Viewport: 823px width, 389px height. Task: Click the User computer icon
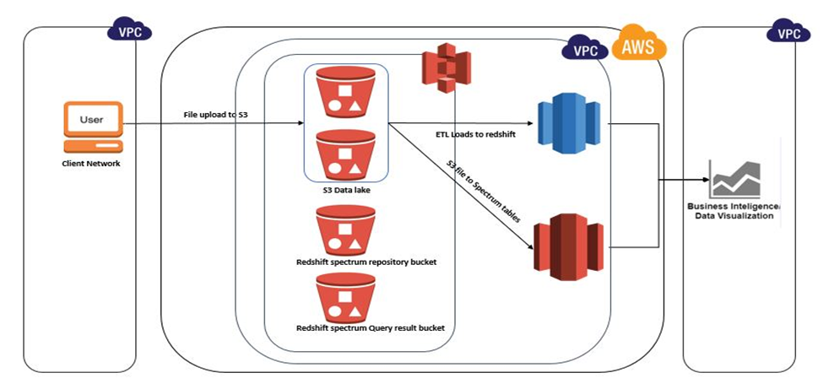click(x=92, y=126)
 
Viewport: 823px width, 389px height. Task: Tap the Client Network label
click(x=91, y=163)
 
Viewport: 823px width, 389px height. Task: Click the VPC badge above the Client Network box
click(x=129, y=31)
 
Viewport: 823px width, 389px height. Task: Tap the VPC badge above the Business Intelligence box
click(x=788, y=34)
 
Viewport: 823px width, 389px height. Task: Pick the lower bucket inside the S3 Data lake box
click(x=345, y=154)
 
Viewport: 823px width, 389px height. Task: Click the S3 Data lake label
click(x=346, y=190)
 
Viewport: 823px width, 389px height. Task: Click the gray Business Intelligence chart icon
click(x=734, y=179)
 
